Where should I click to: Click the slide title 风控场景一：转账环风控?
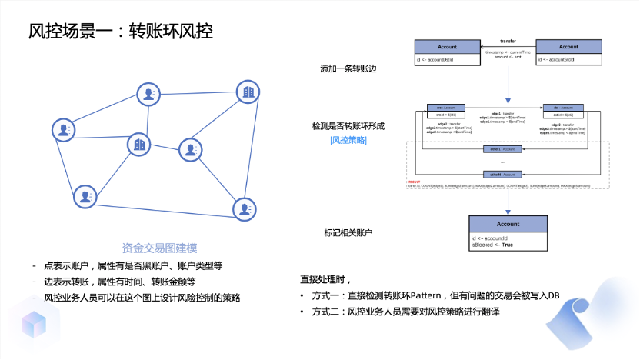click(120, 32)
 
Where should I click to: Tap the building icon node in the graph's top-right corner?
click(248, 93)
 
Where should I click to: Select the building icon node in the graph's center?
click(139, 144)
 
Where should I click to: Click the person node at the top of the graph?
click(148, 95)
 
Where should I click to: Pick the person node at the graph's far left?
click(63, 130)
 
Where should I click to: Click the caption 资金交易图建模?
click(160, 248)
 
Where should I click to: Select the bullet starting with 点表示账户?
click(134, 265)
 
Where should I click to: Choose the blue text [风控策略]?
click(348, 140)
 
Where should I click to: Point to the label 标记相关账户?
click(348, 232)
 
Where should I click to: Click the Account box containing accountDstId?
click(447, 52)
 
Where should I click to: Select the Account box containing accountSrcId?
click(568, 52)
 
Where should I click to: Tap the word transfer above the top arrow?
click(508, 40)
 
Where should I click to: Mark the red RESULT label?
click(415, 182)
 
